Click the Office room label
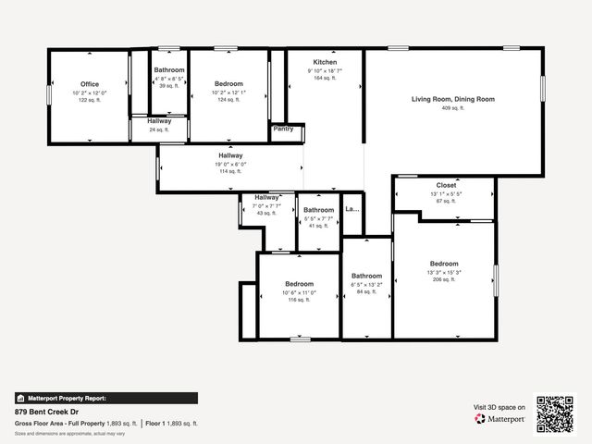click(x=90, y=84)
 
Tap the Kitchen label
click(x=325, y=62)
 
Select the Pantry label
click(x=283, y=129)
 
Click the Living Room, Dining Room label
click(x=453, y=99)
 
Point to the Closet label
click(x=446, y=185)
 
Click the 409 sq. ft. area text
click(x=453, y=108)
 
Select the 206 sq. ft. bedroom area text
click(x=443, y=279)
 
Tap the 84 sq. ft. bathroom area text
click(x=366, y=292)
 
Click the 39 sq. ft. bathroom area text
click(x=169, y=86)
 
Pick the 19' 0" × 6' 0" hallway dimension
click(x=230, y=164)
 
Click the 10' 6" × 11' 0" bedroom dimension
click(x=299, y=292)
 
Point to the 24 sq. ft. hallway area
click(x=158, y=129)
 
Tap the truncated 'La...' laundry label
click(x=351, y=209)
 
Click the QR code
click(x=555, y=413)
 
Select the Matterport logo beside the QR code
click(x=500, y=419)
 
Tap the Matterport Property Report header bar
click(x=105, y=398)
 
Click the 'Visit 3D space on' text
click(x=499, y=407)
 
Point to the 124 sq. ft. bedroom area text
click(x=228, y=100)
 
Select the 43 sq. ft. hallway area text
click(x=266, y=214)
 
